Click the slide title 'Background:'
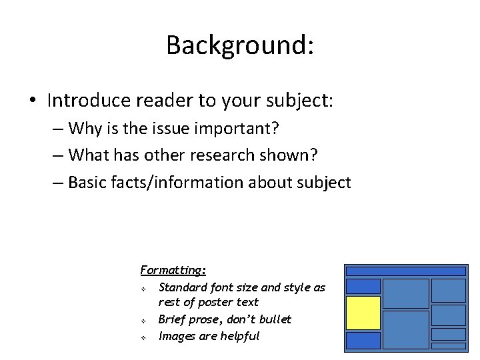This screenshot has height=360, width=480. (x=240, y=45)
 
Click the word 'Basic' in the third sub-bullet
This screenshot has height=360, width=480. (x=91, y=182)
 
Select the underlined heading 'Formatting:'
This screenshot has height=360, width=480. (x=173, y=270)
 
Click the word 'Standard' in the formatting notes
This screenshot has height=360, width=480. (x=182, y=287)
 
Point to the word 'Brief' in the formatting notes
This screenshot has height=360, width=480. (x=173, y=319)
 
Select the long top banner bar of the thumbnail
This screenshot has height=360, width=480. (x=405, y=271)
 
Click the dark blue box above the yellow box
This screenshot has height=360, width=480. (x=363, y=286)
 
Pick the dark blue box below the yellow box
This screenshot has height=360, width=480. (x=363, y=341)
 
